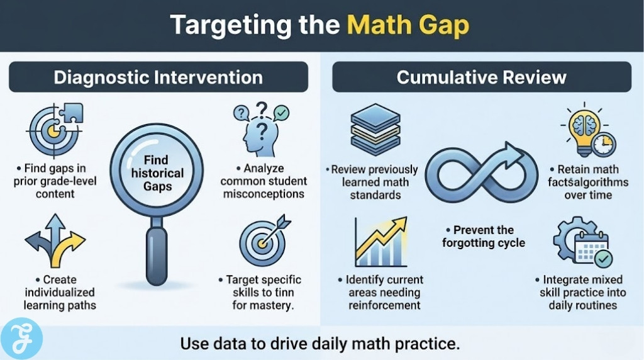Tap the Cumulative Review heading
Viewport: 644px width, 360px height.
click(481, 77)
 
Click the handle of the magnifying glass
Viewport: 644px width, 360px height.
click(156, 255)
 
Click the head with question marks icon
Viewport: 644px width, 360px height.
click(260, 130)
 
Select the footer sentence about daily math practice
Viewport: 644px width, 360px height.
click(321, 344)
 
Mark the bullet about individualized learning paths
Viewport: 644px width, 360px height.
click(60, 293)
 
